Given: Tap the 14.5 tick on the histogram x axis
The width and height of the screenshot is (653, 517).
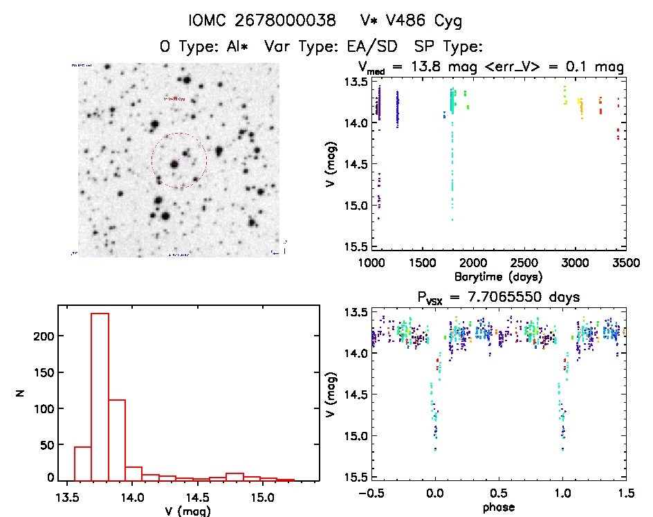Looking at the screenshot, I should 197,496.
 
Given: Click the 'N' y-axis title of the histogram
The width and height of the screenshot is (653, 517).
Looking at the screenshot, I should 21,396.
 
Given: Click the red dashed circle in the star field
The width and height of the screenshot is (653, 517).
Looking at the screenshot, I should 152,161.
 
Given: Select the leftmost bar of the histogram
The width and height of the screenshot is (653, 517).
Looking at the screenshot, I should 83,464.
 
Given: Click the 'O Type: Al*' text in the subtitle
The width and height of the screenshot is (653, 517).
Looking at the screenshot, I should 204,46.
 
